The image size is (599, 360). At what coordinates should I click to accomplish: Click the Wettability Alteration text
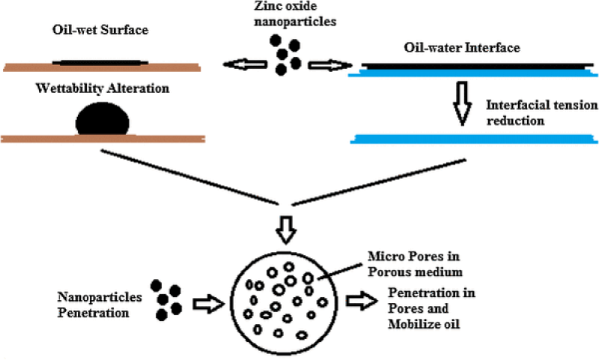[x=103, y=89]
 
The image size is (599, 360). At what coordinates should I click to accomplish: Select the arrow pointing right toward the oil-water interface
[x=326, y=66]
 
